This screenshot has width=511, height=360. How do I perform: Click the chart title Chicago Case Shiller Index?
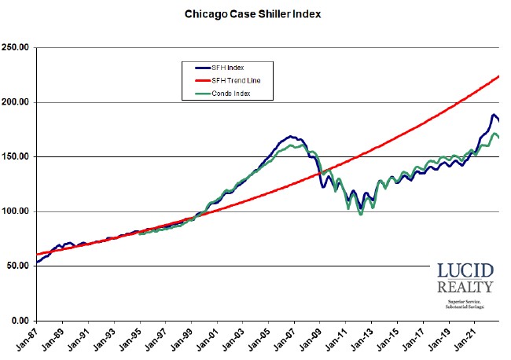click(252, 13)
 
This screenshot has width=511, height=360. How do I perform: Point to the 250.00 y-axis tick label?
click(16, 48)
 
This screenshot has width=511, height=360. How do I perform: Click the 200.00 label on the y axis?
click(16, 102)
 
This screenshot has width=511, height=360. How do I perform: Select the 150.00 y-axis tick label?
click(16, 157)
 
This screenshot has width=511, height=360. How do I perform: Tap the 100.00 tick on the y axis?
click(16, 211)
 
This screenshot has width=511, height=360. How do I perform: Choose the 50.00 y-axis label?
click(17, 266)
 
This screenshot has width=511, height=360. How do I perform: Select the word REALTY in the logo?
click(465, 287)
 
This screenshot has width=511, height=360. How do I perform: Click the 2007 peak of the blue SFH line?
click(290, 136)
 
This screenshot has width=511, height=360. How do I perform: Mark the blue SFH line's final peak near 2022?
click(494, 115)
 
